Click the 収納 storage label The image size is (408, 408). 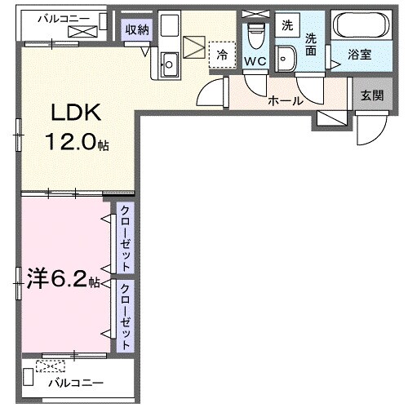[136, 30]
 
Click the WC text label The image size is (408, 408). [255, 62]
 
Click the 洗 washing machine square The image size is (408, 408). [286, 24]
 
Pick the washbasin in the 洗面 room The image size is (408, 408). [286, 57]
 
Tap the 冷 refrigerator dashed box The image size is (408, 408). [220, 54]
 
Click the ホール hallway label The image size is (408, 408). [286, 102]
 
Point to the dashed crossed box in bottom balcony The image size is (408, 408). [55, 366]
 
